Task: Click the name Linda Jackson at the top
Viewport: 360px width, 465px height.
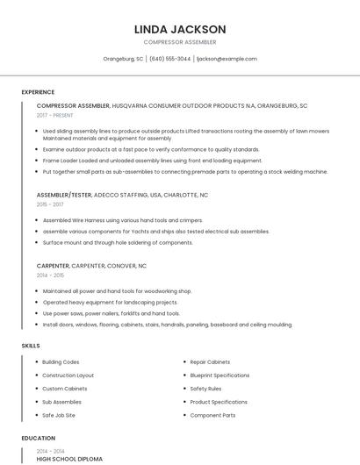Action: click(180, 29)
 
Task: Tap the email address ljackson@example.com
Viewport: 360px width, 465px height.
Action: click(227, 59)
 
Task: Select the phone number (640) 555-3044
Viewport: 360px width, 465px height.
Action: click(169, 59)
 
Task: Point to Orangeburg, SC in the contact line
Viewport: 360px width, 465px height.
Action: click(123, 59)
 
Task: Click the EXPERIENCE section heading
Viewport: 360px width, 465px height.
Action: click(38, 92)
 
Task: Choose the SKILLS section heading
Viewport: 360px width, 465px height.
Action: click(31, 346)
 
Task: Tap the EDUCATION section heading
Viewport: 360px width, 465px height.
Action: click(38, 438)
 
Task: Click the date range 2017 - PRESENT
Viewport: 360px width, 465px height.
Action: click(55, 115)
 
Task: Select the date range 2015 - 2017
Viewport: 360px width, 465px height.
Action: click(50, 204)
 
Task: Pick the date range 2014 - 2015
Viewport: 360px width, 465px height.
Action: click(50, 275)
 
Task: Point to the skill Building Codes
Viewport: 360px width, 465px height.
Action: click(61, 361)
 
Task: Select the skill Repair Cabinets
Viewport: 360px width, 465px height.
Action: click(210, 361)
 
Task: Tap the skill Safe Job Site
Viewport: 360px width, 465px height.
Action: click(59, 415)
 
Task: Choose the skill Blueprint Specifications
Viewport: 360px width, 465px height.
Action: click(220, 375)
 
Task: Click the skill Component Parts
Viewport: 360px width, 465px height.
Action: click(212, 415)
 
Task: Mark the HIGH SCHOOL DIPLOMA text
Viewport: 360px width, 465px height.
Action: click(69, 459)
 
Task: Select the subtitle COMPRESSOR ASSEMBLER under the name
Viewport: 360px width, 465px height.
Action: click(180, 42)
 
